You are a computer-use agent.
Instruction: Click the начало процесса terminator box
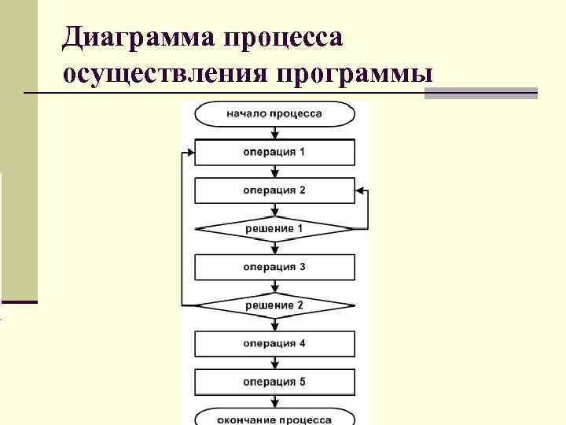(274, 113)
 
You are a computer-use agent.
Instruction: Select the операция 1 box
(274, 152)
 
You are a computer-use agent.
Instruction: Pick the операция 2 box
(274, 190)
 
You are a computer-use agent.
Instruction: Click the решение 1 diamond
(274, 228)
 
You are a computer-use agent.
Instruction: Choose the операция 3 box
(274, 267)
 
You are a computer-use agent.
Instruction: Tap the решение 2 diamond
(274, 305)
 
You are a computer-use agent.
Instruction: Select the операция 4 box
(274, 344)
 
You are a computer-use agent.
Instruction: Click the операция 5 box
(274, 382)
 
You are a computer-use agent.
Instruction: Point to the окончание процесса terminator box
(274, 417)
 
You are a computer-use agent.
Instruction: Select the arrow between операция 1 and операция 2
(274, 172)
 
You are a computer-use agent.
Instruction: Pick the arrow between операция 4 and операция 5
(274, 364)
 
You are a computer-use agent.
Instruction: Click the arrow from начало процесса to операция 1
(274, 133)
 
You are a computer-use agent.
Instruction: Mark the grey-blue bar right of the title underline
(480, 93)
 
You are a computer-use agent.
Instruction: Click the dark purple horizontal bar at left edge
(19, 301)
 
